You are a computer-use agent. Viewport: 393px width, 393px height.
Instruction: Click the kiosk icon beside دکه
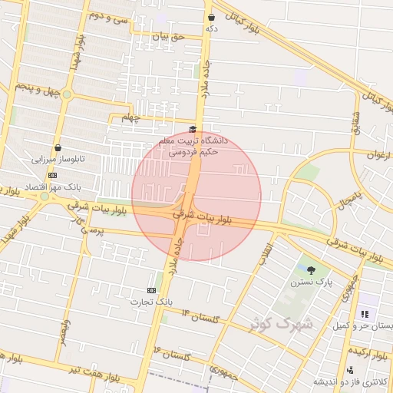pos(211,17)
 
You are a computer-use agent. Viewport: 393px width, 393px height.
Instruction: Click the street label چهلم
pos(132,117)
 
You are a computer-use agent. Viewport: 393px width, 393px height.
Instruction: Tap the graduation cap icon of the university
pos(193,130)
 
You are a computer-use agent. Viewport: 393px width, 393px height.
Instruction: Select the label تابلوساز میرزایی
pos(58,160)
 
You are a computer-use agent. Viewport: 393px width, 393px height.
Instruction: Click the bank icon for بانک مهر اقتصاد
pos(52,175)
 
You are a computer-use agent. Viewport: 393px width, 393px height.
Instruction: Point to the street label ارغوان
pos(378,154)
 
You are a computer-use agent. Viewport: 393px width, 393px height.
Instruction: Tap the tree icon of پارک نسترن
pos(311,269)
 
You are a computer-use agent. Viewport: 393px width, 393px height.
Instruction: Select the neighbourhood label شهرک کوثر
pos(282,323)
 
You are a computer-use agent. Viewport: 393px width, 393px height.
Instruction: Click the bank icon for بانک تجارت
pos(151,290)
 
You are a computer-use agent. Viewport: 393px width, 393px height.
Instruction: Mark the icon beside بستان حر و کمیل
pos(365,314)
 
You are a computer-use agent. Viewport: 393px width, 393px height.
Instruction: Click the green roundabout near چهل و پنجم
pos(67,95)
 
